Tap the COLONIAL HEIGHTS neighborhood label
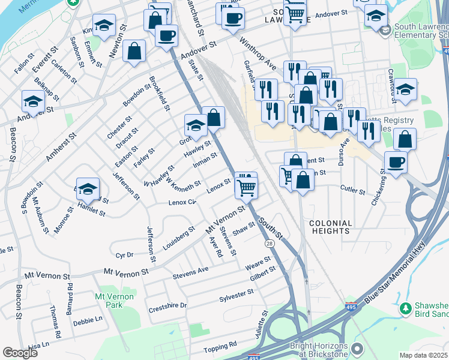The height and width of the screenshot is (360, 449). pyautogui.click(x=330, y=226)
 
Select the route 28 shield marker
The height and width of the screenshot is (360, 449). pyautogui.click(x=270, y=243)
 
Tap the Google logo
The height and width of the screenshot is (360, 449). pyautogui.click(x=20, y=353)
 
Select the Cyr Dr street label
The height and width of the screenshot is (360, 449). pyautogui.click(x=123, y=255)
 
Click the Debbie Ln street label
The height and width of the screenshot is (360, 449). pyautogui.click(x=87, y=321)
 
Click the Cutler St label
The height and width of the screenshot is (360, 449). pyautogui.click(x=352, y=191)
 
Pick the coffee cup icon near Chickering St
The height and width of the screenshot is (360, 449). pyautogui.click(x=396, y=162)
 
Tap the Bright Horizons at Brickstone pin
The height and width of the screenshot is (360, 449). pyautogui.click(x=358, y=349)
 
